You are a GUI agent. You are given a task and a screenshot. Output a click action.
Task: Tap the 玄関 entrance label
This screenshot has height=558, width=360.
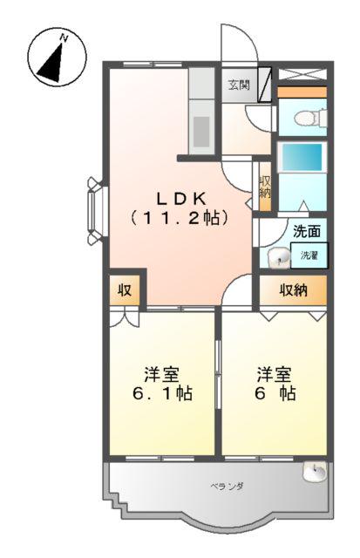[238, 85]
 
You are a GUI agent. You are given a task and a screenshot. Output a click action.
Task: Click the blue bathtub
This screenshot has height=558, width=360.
[302, 160]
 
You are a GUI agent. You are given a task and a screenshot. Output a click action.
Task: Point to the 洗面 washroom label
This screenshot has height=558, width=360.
[306, 232]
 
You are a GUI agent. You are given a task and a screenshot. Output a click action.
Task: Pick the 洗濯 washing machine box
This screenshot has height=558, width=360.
[309, 255]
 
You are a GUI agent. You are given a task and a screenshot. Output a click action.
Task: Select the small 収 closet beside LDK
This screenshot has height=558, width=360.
[125, 289]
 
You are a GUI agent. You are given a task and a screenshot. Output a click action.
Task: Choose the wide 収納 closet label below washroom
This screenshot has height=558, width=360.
[293, 289]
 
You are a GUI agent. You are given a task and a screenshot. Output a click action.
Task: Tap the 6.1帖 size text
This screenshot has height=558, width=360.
[162, 394]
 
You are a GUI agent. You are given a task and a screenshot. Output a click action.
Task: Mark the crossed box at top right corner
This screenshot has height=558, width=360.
[302, 73]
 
